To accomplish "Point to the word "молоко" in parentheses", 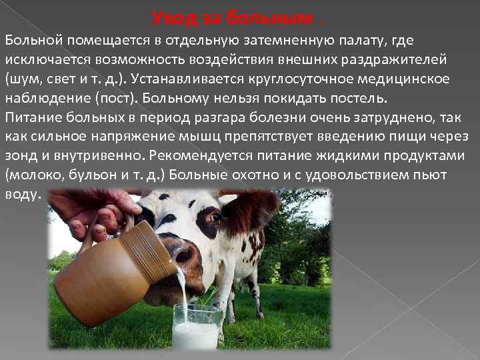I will (35, 175).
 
